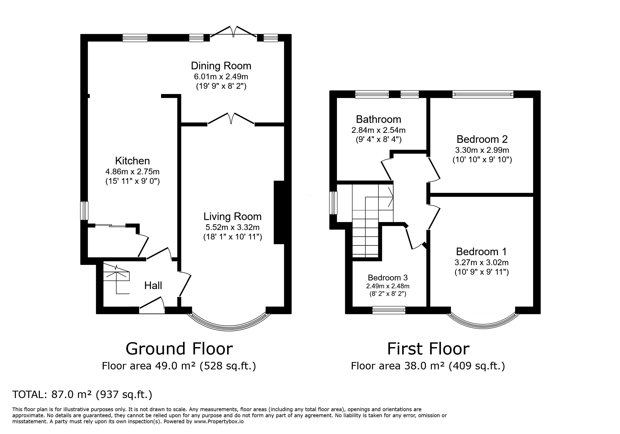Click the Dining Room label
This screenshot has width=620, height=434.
point(221,66)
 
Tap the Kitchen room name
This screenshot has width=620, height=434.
point(132,161)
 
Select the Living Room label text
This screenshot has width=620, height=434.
point(233,217)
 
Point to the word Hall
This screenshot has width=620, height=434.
point(153,285)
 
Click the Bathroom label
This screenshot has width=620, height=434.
point(378,119)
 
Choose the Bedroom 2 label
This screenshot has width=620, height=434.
point(482,139)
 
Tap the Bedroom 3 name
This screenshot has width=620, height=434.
point(388,278)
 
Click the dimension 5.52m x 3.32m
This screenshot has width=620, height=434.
point(233,227)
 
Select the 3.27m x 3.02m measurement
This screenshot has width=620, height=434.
point(481,262)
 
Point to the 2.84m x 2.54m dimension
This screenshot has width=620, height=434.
point(378,130)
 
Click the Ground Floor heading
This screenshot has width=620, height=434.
point(179,349)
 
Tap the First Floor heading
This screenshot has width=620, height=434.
point(428,349)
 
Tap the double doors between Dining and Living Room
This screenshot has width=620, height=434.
point(231,119)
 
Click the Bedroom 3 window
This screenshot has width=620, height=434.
point(389,310)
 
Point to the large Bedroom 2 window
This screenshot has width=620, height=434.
point(483,94)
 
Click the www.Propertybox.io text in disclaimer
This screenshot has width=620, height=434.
point(219,421)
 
